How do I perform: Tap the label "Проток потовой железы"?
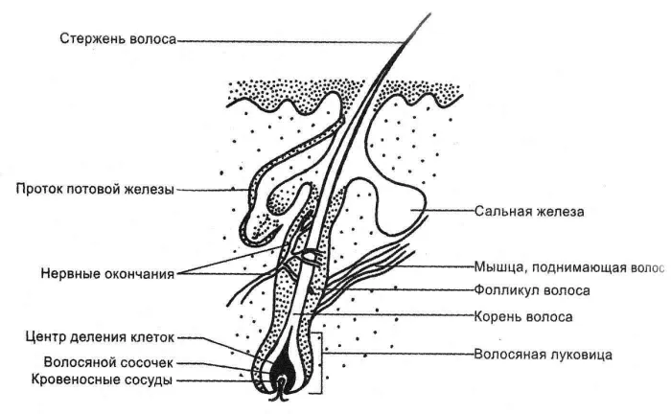[96, 190]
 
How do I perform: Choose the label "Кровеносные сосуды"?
[108, 380]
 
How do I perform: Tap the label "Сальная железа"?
[530, 210]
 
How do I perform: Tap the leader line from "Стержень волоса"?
[288, 41]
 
